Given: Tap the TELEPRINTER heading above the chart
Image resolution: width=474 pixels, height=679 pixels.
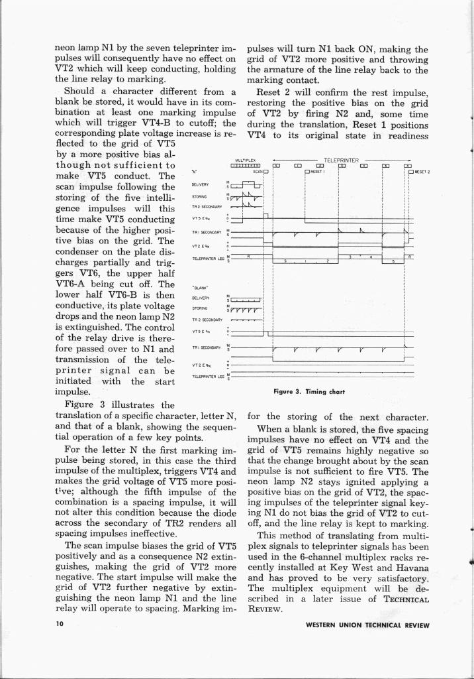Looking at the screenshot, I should (x=341, y=160).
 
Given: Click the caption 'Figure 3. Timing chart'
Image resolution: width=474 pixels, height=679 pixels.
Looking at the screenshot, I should (x=310, y=391).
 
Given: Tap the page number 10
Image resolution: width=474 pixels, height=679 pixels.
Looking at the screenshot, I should (x=59, y=625).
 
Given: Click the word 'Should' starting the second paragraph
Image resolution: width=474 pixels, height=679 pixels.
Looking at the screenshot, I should (x=81, y=92).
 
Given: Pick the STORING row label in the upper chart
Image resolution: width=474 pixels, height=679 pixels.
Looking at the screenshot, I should (x=200, y=196).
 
